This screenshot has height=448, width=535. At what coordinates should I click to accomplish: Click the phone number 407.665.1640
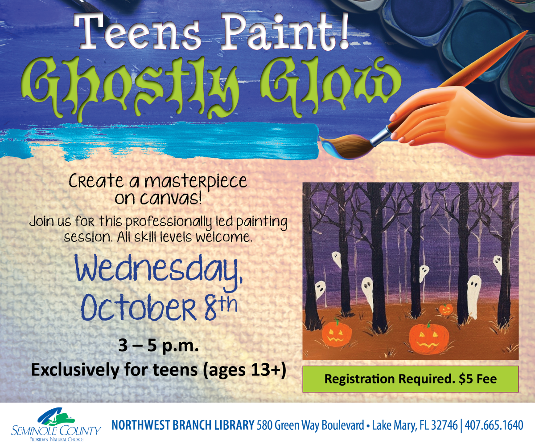[x=494, y=426]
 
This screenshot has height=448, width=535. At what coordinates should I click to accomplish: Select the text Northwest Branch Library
[x=182, y=426]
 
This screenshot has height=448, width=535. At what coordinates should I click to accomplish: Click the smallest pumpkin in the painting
[x=445, y=309]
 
